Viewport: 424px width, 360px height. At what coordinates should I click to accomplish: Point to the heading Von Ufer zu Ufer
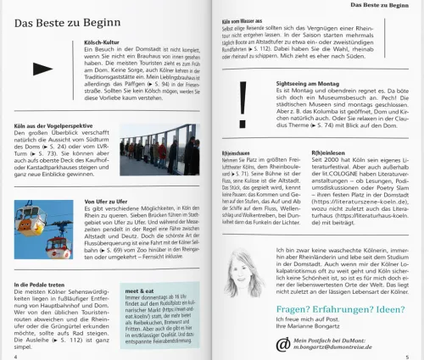[x=106, y=201]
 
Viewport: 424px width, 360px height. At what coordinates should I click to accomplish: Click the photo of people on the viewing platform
[x=159, y=149]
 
